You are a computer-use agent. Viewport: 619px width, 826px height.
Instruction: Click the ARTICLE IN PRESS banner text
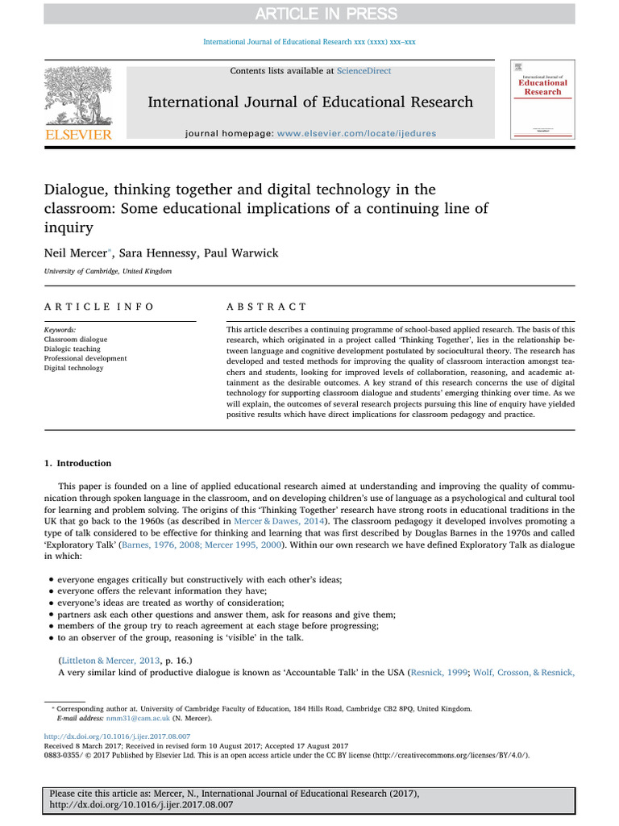(309, 14)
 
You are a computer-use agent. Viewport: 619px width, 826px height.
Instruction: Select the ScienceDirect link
(364, 72)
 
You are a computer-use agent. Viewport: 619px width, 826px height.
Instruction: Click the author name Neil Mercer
(77, 253)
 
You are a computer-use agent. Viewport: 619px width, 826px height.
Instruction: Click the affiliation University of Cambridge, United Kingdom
(108, 272)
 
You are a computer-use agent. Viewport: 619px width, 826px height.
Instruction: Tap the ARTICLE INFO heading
(99, 307)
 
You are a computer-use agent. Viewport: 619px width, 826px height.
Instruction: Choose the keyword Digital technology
(74, 368)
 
